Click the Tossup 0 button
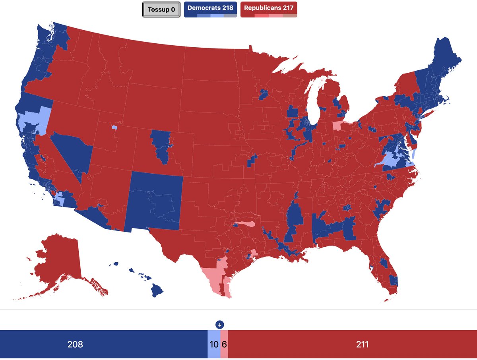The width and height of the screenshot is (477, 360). tap(161, 10)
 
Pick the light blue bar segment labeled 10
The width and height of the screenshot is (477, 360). tap(214, 344)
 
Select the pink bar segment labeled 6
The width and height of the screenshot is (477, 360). tap(224, 344)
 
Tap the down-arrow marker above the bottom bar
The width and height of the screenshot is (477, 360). tap(220, 324)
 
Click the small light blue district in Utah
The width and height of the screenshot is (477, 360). tap(114, 128)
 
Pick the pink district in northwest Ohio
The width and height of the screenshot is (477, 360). tap(337, 126)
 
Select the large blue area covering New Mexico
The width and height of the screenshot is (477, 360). tap(155, 201)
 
